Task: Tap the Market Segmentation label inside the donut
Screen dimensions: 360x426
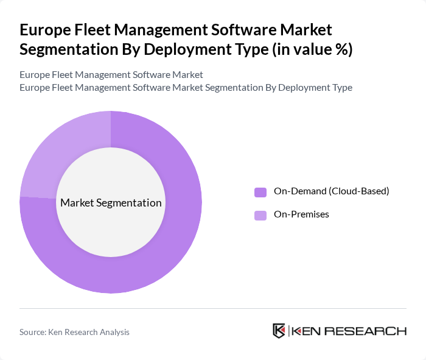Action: tap(110, 203)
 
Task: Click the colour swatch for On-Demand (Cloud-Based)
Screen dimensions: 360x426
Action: tap(260, 192)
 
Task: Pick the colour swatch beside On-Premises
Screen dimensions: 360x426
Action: tap(260, 215)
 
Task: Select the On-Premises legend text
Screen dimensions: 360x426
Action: tap(301, 214)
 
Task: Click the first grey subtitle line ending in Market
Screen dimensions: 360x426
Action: tap(111, 75)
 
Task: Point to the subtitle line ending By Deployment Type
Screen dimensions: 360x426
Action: tap(186, 87)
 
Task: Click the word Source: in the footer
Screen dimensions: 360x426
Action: tap(33, 332)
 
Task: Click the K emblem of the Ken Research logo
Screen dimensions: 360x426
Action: tap(279, 331)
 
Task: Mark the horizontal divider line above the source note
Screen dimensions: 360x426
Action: tap(213, 308)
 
